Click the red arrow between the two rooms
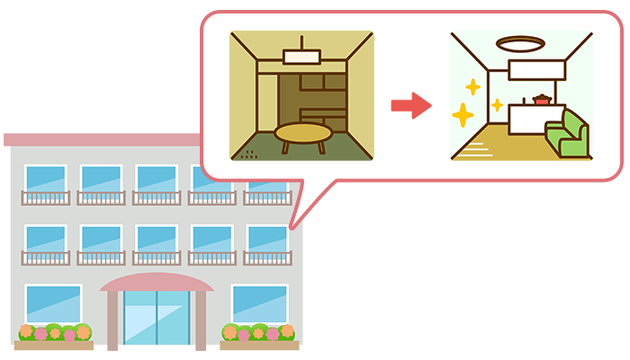click(x=410, y=104)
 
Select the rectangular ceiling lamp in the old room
click(x=302, y=56)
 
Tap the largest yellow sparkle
click(x=463, y=115)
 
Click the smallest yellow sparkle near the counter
click(x=497, y=104)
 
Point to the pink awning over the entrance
click(x=157, y=282)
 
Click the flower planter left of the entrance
click(x=54, y=336)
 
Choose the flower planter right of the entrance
click(x=258, y=336)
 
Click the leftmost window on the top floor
click(x=45, y=179)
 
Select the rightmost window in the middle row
click(x=267, y=238)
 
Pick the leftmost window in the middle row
click(x=45, y=238)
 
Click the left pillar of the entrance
click(x=112, y=320)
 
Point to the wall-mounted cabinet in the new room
click(x=537, y=68)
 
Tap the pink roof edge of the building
click(x=99, y=139)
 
